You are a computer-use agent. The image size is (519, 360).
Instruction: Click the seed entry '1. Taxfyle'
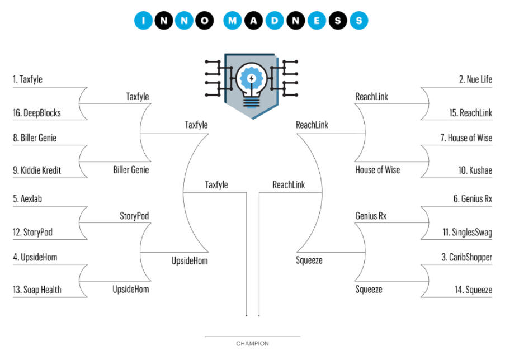[28, 80]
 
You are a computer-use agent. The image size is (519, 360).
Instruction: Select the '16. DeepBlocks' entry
[37, 113]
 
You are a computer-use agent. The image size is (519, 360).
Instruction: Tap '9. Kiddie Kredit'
[37, 170]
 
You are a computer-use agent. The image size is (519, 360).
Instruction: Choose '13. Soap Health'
[37, 290]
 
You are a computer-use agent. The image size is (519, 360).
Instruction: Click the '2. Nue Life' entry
[475, 80]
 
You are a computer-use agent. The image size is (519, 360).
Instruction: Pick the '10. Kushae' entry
[475, 170]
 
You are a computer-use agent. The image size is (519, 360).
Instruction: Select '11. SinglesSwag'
[467, 233]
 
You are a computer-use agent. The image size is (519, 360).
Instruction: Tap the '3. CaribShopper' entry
[466, 258]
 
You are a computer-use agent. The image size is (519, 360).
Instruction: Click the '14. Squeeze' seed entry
[473, 290]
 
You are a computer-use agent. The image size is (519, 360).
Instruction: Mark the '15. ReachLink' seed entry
[470, 113]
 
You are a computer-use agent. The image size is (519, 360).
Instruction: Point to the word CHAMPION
[252, 344]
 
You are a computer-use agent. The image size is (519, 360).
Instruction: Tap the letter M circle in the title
[233, 21]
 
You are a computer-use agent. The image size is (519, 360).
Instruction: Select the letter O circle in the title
[205, 21]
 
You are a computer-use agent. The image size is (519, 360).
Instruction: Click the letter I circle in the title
[144, 21]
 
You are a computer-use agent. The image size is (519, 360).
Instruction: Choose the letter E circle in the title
[316, 21]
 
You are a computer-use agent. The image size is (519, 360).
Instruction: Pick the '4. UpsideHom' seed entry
[35, 258]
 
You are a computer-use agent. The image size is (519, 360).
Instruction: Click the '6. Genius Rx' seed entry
[473, 198]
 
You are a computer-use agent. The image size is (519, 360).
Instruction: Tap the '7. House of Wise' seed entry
[466, 138]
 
